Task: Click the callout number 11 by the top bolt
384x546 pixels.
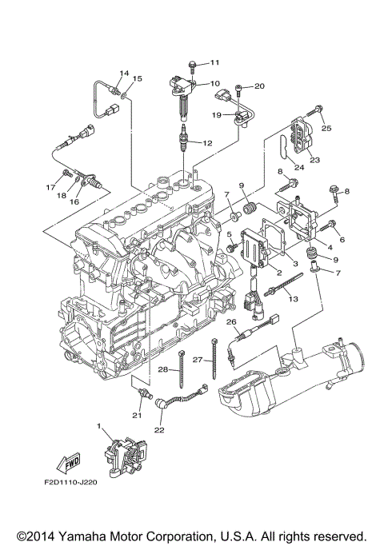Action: (x=214, y=62)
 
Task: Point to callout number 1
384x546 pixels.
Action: (x=99, y=428)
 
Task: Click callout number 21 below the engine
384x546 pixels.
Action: (x=136, y=414)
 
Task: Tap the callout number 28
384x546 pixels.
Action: (x=163, y=369)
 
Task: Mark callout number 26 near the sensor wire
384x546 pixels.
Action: (x=232, y=322)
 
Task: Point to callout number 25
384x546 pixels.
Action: (x=326, y=127)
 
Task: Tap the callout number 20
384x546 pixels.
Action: (x=259, y=86)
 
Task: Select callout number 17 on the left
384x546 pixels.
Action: (x=50, y=187)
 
